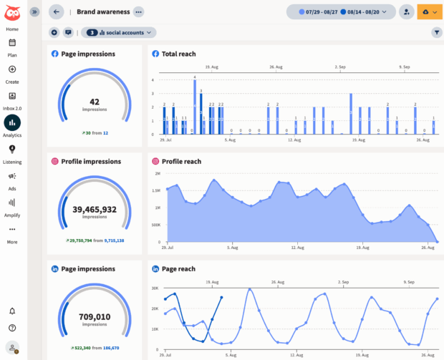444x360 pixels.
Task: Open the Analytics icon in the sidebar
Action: click(x=12, y=122)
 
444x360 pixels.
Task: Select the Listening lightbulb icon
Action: click(x=12, y=150)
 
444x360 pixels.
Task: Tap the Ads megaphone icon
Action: click(x=12, y=176)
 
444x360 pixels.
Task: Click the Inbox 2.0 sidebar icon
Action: click(x=12, y=96)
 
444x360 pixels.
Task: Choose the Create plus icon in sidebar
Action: click(x=12, y=69)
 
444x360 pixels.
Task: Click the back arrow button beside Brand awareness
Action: click(x=57, y=11)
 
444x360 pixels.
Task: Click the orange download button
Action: click(x=430, y=11)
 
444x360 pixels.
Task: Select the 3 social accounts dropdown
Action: click(x=119, y=32)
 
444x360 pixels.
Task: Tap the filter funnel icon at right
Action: click(x=437, y=32)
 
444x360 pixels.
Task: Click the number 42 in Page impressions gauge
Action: click(x=95, y=102)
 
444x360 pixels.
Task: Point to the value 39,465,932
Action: click(x=95, y=209)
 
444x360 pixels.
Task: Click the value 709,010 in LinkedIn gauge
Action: click(x=95, y=316)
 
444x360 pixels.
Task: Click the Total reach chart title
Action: click(x=178, y=54)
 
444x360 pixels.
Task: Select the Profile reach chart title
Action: click(x=181, y=161)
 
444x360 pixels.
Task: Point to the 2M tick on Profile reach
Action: click(x=156, y=173)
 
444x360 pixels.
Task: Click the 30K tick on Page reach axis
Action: click(x=155, y=288)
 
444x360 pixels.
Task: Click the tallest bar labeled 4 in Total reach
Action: click(x=194, y=107)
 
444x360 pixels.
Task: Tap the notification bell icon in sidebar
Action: click(x=12, y=311)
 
